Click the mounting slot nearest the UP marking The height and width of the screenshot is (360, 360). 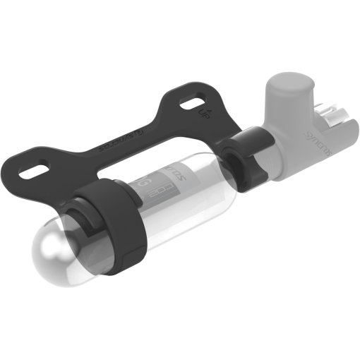point(188,104)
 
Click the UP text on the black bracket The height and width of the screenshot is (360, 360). point(203,112)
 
